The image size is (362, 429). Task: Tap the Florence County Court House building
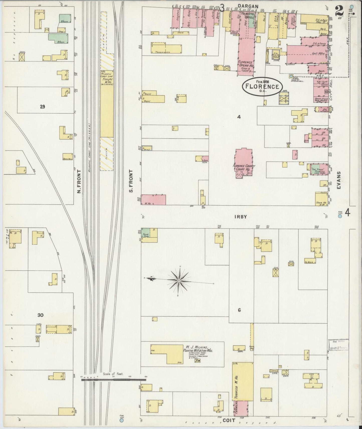click(243, 164)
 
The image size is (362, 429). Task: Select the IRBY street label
click(240, 217)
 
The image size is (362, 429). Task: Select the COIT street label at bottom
click(229, 420)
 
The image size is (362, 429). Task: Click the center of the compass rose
click(179, 281)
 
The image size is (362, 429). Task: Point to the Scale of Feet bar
click(114, 379)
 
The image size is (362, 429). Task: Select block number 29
click(42, 107)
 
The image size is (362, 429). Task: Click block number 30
click(40, 315)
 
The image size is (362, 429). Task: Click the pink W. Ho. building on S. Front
click(153, 199)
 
